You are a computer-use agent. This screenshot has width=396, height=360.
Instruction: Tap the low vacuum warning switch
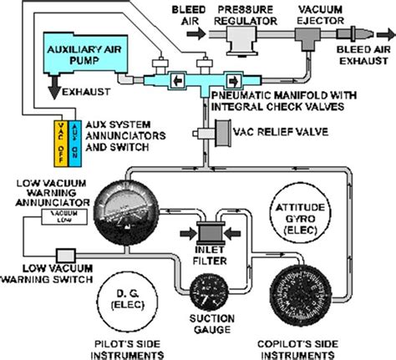64,254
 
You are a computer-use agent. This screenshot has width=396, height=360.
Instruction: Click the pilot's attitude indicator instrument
124,214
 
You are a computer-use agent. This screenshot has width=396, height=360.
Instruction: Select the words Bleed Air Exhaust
364,56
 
